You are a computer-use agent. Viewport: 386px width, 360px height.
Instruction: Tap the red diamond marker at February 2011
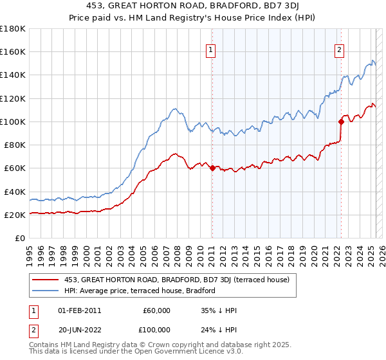[212, 168]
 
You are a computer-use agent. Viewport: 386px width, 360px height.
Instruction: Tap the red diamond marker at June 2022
[341, 121]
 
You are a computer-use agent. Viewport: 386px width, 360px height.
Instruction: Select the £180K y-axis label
[12, 29]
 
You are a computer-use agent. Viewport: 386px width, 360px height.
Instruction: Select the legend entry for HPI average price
[141, 291]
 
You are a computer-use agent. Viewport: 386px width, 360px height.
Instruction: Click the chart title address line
[193, 7]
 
